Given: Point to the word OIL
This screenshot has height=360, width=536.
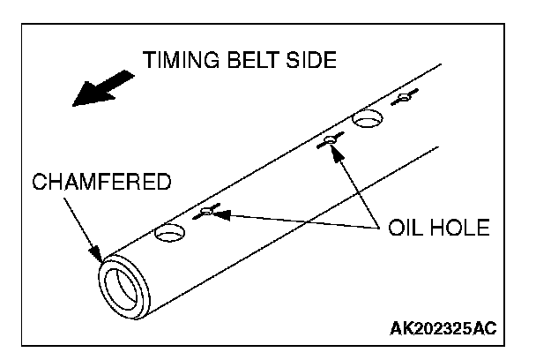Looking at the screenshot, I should click(403, 229).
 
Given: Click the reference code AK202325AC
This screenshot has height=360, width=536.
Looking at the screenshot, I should click(443, 328).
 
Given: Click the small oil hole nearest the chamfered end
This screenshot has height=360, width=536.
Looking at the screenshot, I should click(208, 211).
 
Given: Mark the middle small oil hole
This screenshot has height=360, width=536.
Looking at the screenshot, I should click(331, 139).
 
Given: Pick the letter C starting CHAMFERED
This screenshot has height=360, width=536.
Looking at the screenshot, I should click(38, 184).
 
